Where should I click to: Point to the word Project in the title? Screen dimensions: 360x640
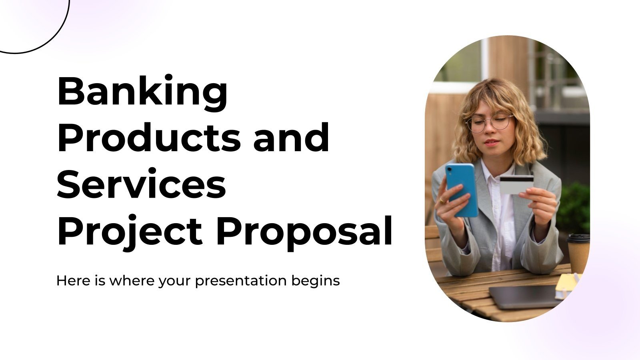[130, 232]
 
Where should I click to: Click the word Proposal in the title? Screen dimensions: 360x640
[304, 232]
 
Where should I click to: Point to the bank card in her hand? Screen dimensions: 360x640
[516, 184]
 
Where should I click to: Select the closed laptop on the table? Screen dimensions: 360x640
[524, 296]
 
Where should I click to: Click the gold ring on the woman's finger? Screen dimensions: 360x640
[442, 200]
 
